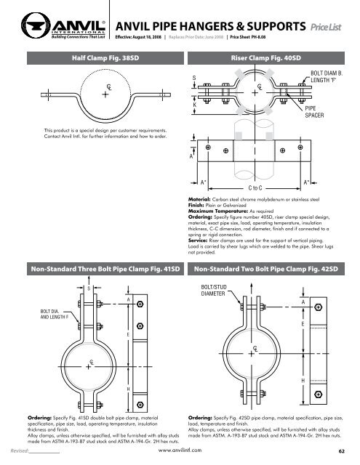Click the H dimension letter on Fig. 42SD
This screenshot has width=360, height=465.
(301, 380)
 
